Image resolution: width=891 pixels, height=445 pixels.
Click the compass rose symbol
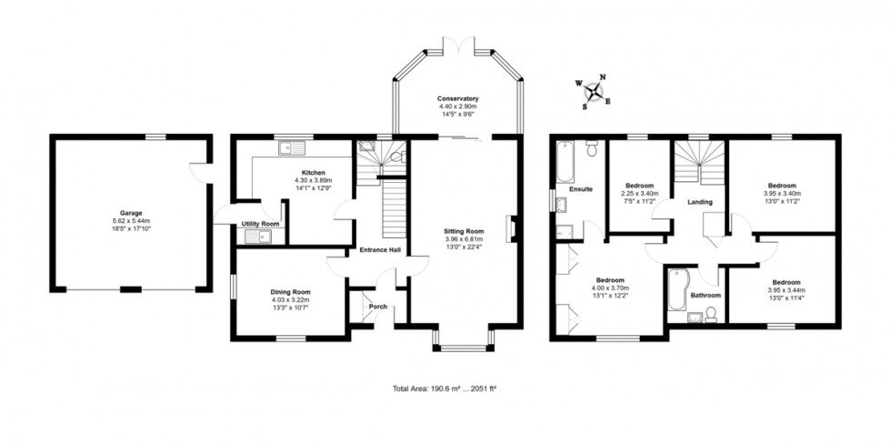click(594, 91)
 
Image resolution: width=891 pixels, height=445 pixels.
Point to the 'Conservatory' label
click(457, 98)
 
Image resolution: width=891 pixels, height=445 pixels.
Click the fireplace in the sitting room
click(513, 228)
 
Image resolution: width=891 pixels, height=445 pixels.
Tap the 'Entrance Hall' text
click(380, 250)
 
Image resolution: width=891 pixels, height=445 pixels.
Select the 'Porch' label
click(377, 306)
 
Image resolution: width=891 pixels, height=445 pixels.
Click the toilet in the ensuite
click(592, 149)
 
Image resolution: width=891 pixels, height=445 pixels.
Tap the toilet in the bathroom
click(713, 314)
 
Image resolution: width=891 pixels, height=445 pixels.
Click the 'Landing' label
click(700, 202)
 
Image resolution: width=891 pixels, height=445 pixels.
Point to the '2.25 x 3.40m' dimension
click(639, 193)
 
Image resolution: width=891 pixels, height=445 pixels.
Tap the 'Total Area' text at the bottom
click(444, 389)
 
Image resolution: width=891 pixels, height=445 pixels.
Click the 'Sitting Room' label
click(464, 231)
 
